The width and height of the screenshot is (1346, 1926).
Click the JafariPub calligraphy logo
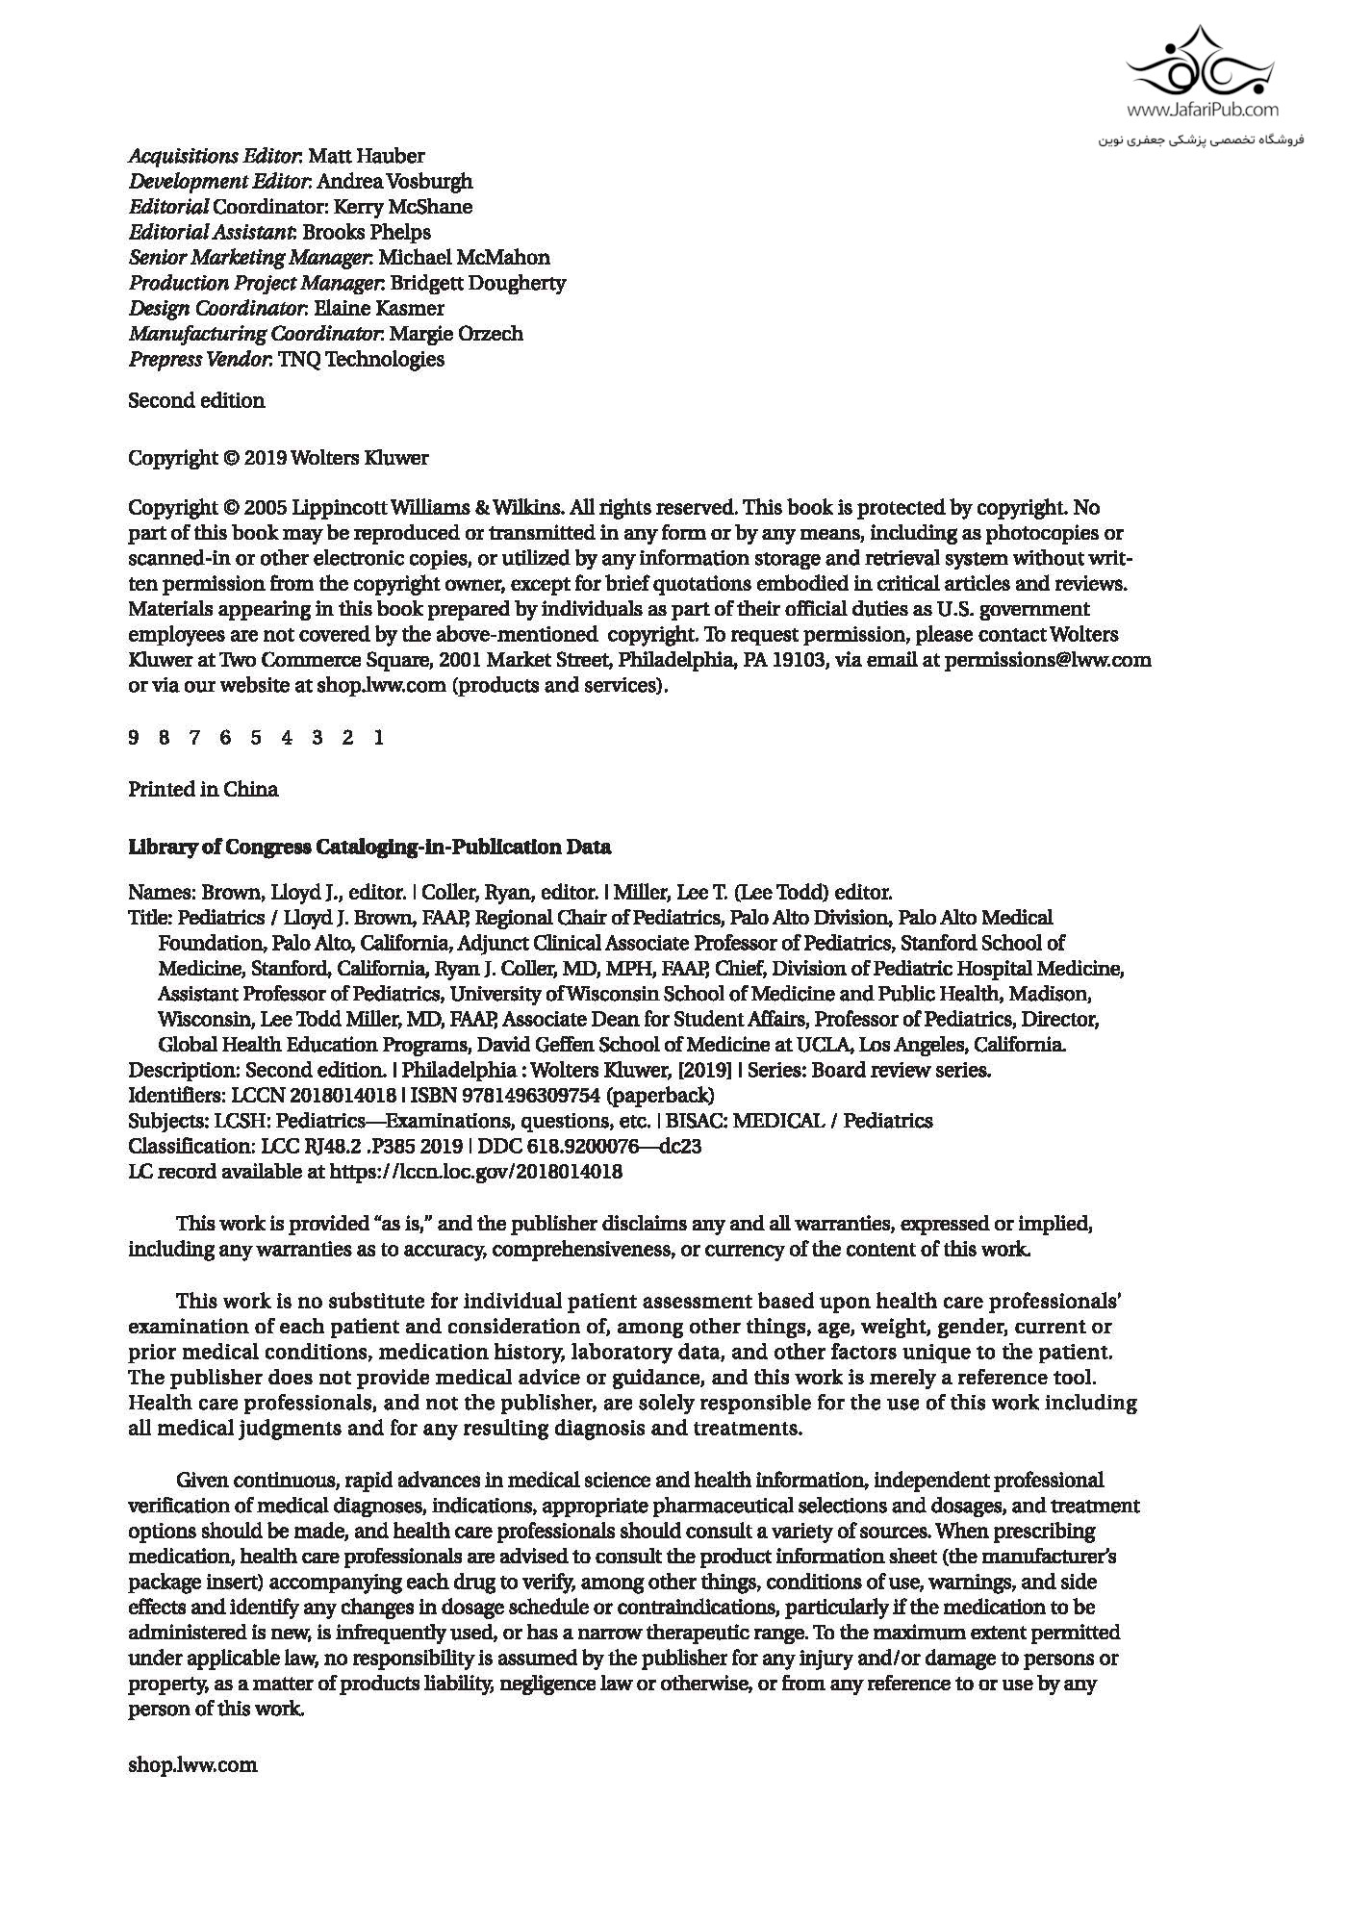click(1200, 63)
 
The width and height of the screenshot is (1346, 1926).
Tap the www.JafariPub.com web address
click(1202, 111)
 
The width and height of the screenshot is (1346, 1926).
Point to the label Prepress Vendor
click(199, 360)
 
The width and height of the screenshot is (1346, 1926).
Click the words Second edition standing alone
click(196, 401)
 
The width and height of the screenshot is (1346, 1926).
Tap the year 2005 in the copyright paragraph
click(267, 508)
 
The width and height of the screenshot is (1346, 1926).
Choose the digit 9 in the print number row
click(134, 738)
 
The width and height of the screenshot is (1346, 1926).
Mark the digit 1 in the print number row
click(379, 738)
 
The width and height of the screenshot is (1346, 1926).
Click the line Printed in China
click(203, 790)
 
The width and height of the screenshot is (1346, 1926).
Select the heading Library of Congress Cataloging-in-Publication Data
click(369, 848)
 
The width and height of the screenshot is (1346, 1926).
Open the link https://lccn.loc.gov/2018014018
click(475, 1173)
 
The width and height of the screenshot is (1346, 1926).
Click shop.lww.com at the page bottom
click(192, 1765)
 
